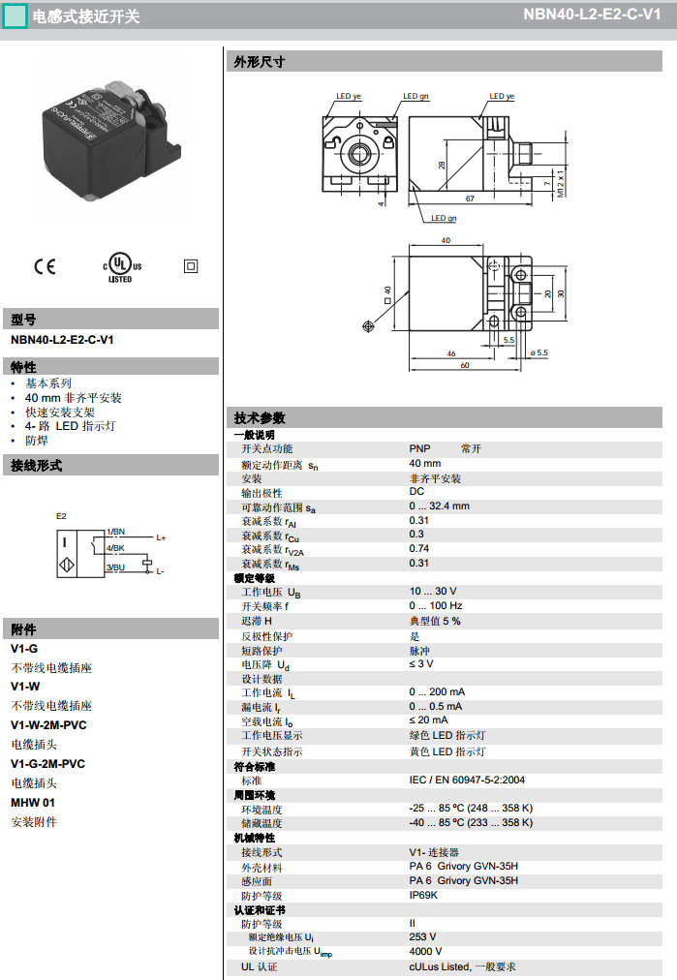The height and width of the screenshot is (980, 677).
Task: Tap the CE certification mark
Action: pyautogui.click(x=46, y=265)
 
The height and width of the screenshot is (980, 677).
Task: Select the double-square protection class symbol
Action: pyautogui.click(x=190, y=265)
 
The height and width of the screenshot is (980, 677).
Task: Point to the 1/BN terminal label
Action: pyautogui.click(x=115, y=532)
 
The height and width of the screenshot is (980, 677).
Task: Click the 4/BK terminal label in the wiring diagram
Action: pyautogui.click(x=115, y=549)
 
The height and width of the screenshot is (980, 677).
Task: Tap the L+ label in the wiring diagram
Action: pyautogui.click(x=161, y=537)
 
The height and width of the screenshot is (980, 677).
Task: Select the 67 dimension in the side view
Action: pyautogui.click(x=469, y=198)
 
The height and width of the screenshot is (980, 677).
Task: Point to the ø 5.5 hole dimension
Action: pyautogui.click(x=539, y=352)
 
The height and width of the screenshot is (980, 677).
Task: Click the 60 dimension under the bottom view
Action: pyautogui.click(x=465, y=365)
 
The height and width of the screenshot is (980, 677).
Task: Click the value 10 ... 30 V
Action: pyautogui.click(x=433, y=591)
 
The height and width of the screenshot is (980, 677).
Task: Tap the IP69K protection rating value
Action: pyautogui.click(x=423, y=895)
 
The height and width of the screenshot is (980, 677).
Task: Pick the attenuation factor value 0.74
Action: pyautogui.click(x=418, y=548)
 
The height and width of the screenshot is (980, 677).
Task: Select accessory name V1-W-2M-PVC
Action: pyautogui.click(x=48, y=724)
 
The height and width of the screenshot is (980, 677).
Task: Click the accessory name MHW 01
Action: pyautogui.click(x=33, y=802)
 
